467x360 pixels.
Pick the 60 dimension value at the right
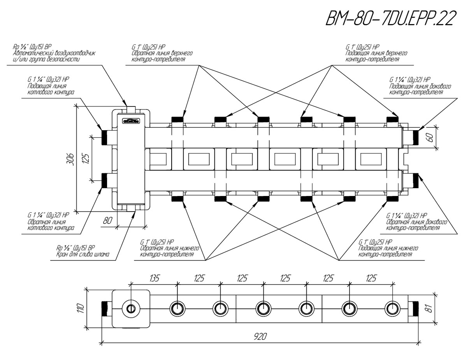point(430,137)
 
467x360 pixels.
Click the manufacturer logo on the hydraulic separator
point(131,121)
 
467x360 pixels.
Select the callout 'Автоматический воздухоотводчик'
point(54,53)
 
